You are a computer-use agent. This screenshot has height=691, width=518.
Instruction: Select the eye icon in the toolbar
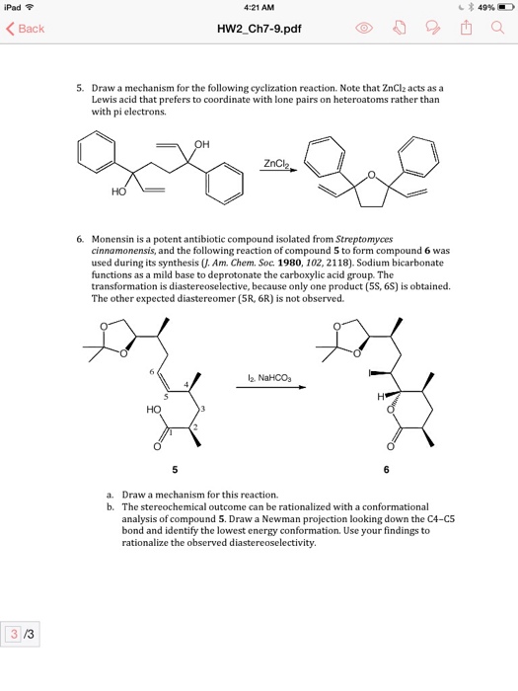click(363, 29)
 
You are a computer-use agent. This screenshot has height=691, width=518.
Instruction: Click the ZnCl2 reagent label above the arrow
click(275, 163)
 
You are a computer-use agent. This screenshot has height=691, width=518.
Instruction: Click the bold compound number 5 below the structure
click(175, 468)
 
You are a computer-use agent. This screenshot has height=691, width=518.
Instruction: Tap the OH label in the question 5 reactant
click(203, 145)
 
